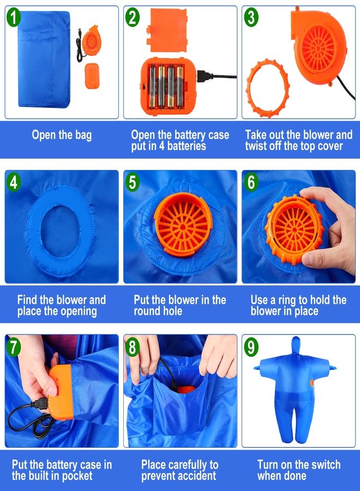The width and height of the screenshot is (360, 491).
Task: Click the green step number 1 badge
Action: [x=13, y=17]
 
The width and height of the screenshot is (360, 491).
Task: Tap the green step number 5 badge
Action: [x=132, y=182]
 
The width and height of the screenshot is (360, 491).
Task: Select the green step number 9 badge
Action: [x=251, y=346]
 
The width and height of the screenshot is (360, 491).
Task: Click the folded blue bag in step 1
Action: [x=44, y=59]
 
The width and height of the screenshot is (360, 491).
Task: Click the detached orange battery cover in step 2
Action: [x=168, y=30]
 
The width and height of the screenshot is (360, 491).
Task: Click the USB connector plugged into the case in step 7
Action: [x=41, y=403]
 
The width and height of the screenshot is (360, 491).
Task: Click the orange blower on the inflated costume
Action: [x=311, y=382]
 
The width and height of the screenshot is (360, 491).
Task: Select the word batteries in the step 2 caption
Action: [x=187, y=146]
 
